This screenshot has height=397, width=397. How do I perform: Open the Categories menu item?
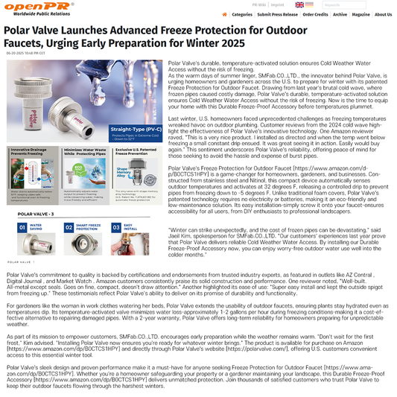[241, 14]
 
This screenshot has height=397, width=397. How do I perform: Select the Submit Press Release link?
[278, 14]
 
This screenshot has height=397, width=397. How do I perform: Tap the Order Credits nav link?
[315, 14]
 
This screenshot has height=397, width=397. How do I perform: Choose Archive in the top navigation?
[340, 14]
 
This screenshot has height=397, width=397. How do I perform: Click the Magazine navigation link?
[361, 14]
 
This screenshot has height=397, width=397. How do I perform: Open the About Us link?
[383, 14]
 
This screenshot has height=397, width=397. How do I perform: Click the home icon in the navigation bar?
[226, 14]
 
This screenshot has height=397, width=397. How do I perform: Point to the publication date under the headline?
[25, 53]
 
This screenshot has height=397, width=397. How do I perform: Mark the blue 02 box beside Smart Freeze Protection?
[69, 227]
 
